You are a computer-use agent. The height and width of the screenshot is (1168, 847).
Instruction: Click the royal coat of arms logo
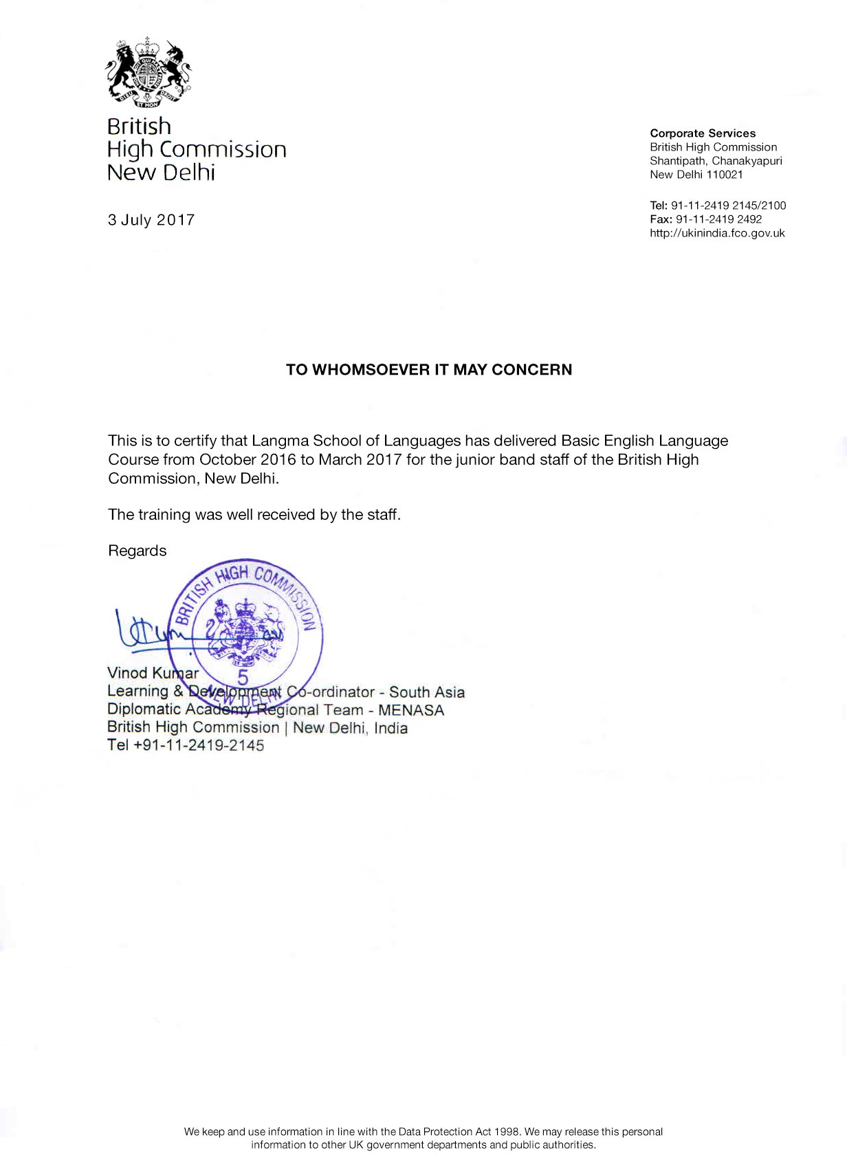click(x=148, y=72)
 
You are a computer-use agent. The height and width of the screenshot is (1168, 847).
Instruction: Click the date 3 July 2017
click(x=151, y=220)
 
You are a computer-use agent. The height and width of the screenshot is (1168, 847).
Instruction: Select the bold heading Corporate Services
click(x=703, y=133)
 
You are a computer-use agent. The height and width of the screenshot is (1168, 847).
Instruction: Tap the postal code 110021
click(x=725, y=175)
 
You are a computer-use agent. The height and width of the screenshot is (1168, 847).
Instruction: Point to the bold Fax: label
click(x=661, y=219)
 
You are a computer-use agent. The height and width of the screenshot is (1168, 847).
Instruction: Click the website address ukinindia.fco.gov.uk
click(x=717, y=233)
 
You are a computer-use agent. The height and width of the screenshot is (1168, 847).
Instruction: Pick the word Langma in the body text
click(x=280, y=441)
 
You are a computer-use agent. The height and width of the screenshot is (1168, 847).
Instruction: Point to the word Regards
click(x=137, y=551)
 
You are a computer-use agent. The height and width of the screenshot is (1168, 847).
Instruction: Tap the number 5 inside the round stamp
click(x=243, y=677)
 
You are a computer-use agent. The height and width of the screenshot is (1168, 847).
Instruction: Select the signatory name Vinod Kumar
click(x=153, y=673)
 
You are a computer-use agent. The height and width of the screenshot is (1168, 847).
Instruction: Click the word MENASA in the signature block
click(x=411, y=710)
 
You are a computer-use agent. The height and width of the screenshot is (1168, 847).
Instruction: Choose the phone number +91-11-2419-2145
click(x=199, y=745)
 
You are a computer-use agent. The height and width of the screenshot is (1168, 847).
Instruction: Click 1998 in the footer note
click(x=507, y=1132)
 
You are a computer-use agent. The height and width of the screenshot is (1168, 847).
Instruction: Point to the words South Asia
click(x=427, y=692)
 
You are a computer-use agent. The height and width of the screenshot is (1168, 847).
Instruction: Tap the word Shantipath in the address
click(x=677, y=161)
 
